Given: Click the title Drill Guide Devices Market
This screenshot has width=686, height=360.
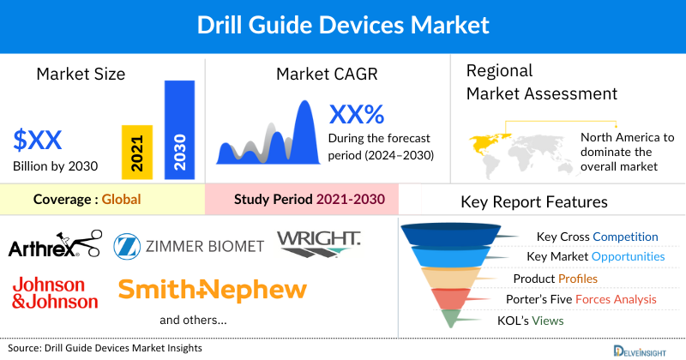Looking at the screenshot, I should click(342, 26).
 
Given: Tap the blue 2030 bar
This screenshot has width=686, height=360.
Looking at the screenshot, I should click(179, 129).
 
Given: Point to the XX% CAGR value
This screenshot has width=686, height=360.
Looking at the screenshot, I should click(357, 114).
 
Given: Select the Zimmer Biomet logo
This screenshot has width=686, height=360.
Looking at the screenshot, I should click(189, 246).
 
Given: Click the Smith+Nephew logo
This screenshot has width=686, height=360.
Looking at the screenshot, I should click(213, 290).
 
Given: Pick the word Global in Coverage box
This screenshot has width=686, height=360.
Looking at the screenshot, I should click(121, 200).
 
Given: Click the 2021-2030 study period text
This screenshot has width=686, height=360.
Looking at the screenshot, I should click(348, 200).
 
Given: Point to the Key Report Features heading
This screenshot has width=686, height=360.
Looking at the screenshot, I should click(534, 202).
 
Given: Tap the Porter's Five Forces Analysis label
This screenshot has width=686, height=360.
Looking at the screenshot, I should click(585, 299).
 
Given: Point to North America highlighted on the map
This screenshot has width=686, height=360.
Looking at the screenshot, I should click(490, 141).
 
